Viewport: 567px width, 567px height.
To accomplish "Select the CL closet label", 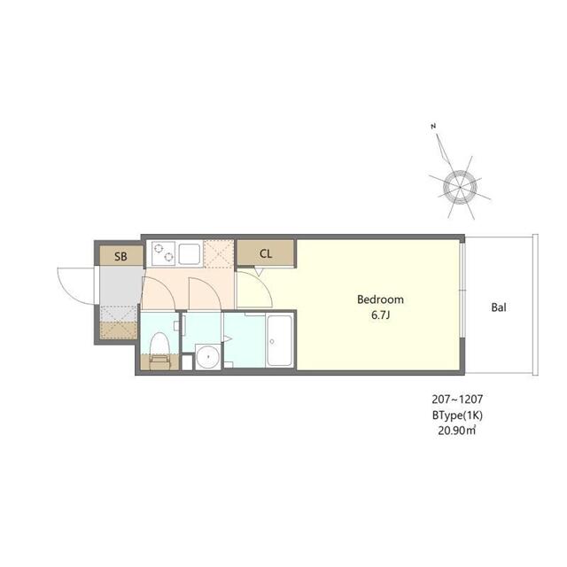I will (265, 253).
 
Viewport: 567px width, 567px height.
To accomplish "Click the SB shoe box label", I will (120, 256).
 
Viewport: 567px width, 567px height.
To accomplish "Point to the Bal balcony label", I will (499, 308).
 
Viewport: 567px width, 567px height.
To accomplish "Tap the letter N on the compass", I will (433, 128).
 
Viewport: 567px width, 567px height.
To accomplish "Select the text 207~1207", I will (458, 400).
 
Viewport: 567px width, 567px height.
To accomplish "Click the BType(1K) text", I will (457, 416).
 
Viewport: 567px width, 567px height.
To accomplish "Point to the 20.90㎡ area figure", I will (457, 431).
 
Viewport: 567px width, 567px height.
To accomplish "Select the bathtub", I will (280, 341).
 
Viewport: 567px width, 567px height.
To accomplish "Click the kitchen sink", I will (190, 253).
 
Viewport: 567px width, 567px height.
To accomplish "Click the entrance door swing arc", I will (70, 283).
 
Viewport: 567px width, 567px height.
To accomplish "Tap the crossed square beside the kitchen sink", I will (219, 252).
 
